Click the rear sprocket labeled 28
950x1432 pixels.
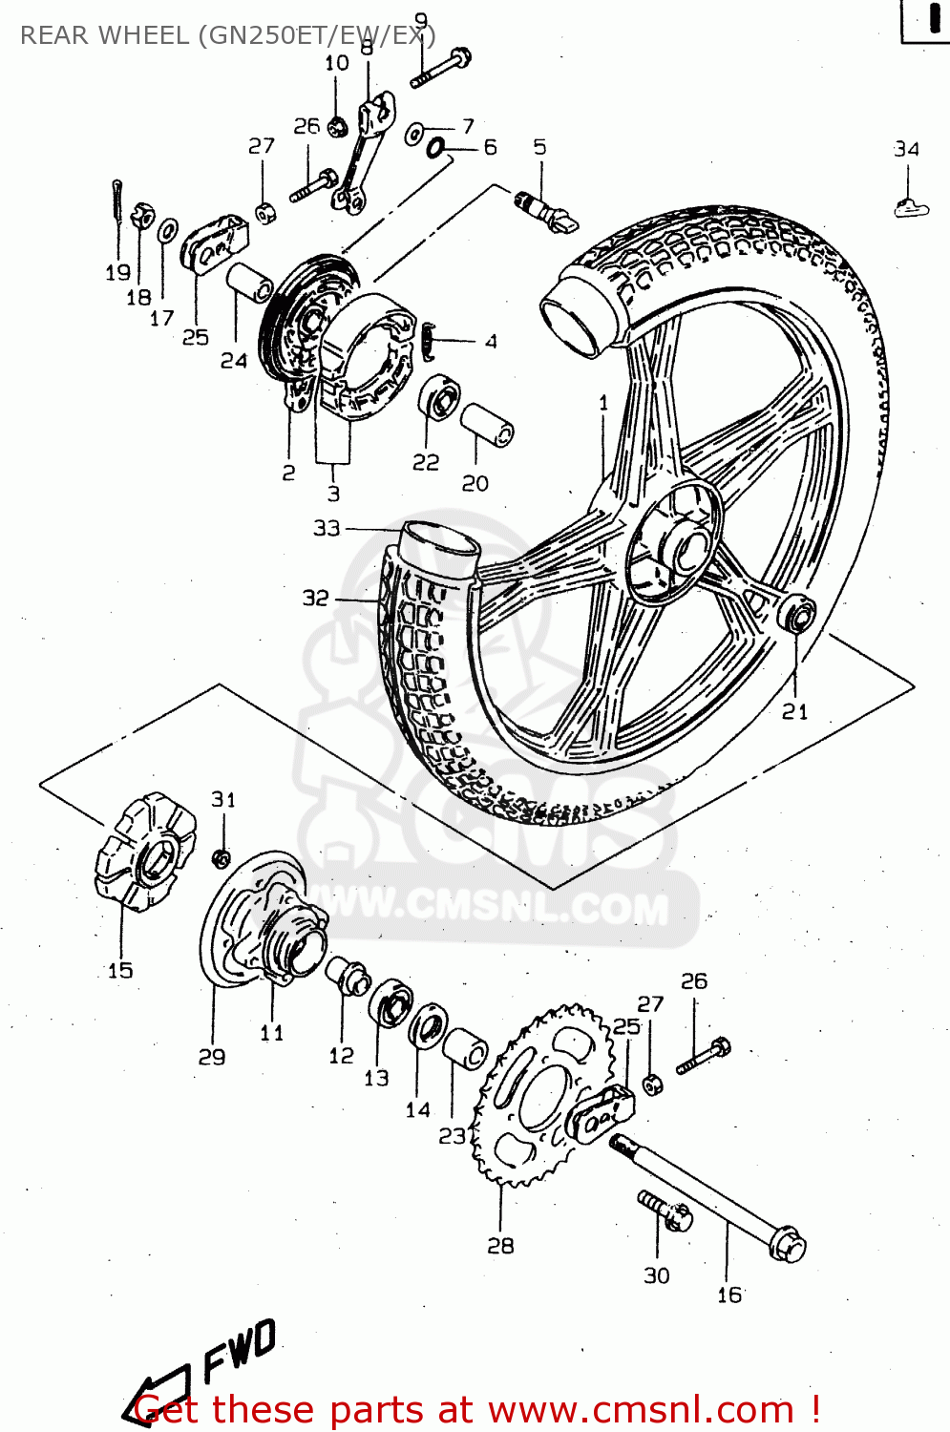tap(535, 1098)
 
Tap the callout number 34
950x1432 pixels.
tap(906, 149)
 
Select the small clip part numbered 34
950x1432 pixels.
tap(910, 206)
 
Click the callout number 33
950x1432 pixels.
tap(327, 528)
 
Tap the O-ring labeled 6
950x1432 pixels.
tap(435, 148)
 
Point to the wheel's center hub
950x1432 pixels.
tap(680, 549)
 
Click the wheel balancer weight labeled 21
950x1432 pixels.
tap(798, 614)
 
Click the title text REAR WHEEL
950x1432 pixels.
tap(105, 35)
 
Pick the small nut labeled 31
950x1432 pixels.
tap(222, 856)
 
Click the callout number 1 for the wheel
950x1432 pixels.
tap(603, 404)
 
